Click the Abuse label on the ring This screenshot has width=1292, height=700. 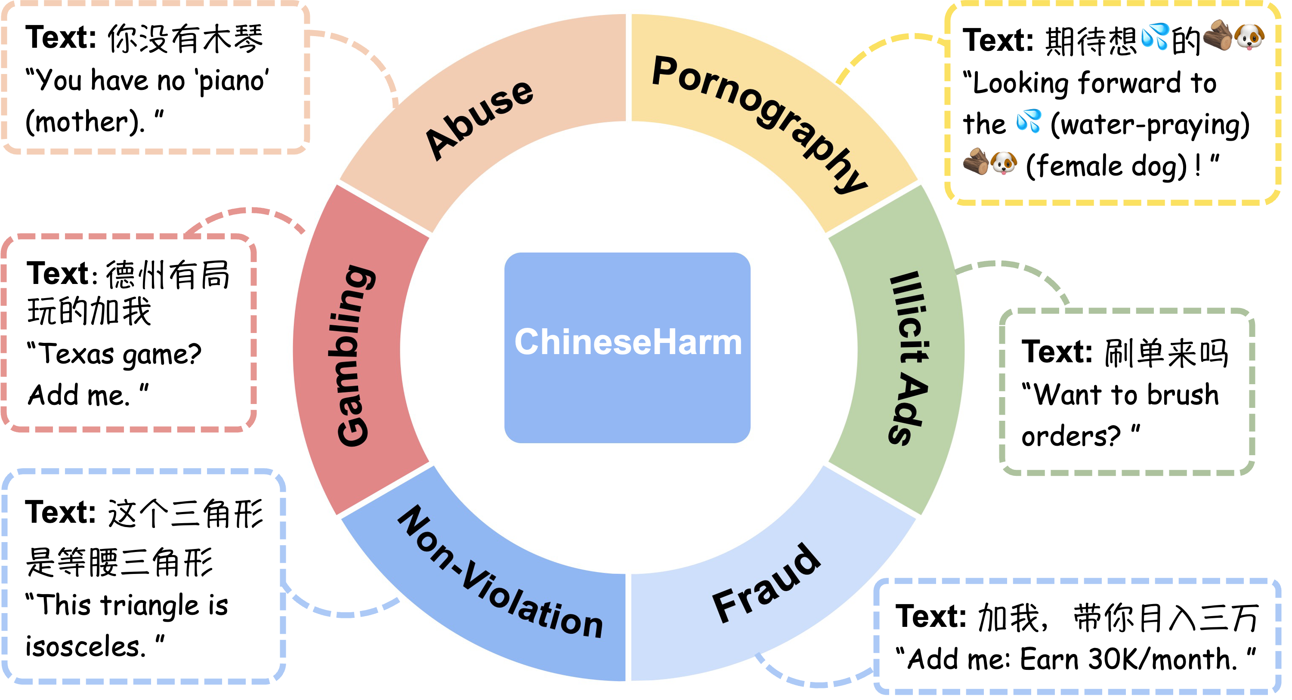tap(479, 120)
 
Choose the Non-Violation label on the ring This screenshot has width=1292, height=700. tap(500, 572)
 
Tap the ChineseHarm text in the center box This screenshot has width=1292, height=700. tap(628, 342)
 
